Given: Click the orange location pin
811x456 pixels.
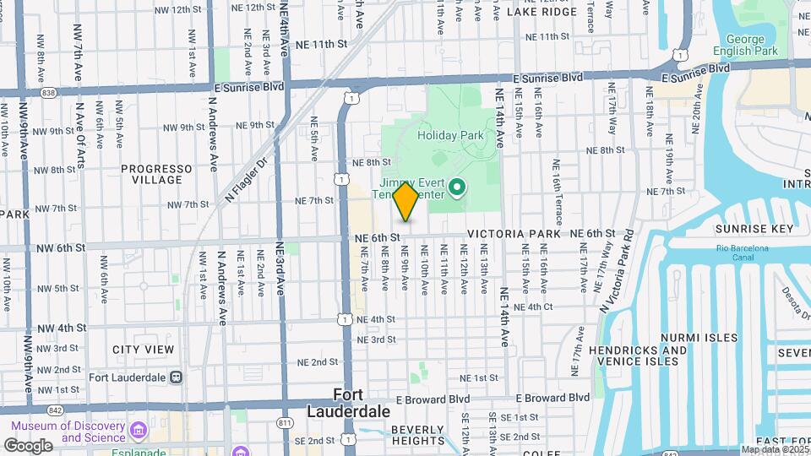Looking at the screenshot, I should (x=405, y=202).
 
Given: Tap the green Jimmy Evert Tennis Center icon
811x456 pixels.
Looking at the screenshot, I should (x=457, y=187).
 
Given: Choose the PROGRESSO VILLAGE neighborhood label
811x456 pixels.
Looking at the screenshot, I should (x=152, y=174).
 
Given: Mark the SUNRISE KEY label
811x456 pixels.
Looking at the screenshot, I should (x=754, y=229).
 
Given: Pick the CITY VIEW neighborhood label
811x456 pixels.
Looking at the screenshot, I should (x=144, y=349).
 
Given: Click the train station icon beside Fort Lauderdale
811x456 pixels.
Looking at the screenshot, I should (x=176, y=377).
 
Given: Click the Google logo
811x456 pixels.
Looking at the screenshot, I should (x=28, y=445).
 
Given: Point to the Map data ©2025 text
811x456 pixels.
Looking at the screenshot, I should (x=773, y=449).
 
